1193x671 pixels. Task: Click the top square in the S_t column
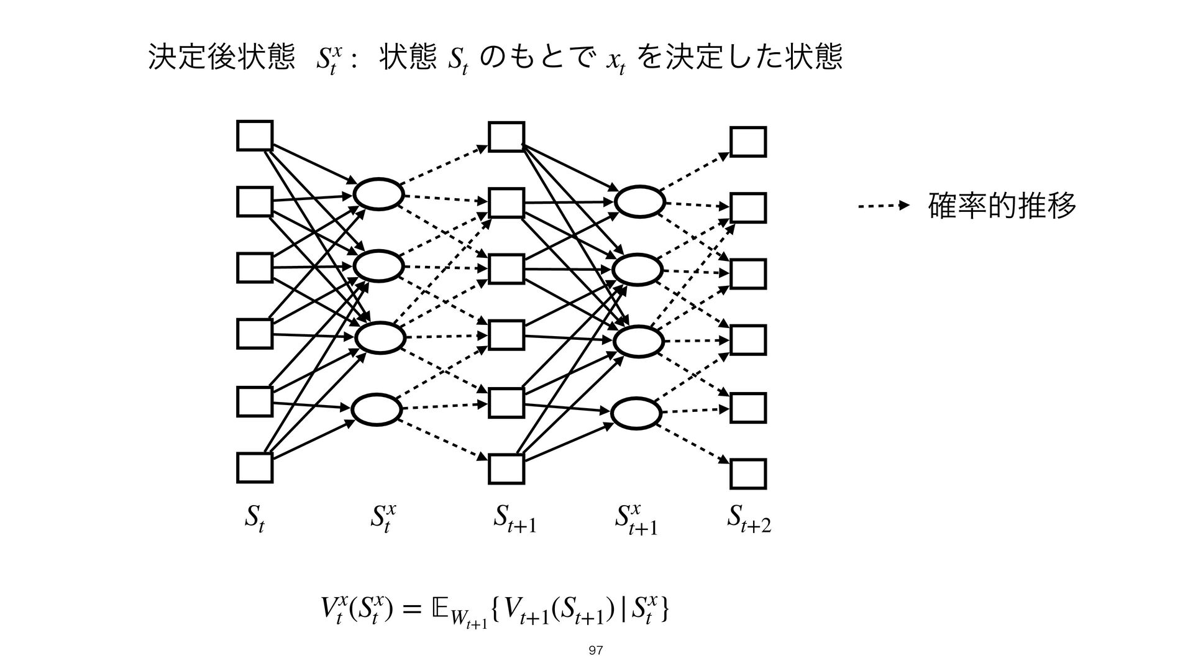point(255,135)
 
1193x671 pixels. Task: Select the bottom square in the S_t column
point(255,468)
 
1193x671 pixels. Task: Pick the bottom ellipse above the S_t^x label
point(377,410)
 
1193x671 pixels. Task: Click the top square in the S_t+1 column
point(506,137)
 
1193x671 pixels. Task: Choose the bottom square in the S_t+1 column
point(506,468)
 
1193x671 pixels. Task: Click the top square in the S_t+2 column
point(748,142)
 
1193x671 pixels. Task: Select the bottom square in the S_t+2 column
point(748,475)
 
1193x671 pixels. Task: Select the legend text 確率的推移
point(1001,206)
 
